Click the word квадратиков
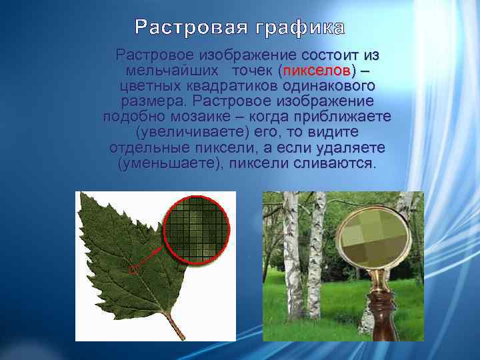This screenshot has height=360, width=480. point(227,86)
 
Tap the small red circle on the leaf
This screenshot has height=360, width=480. point(133,270)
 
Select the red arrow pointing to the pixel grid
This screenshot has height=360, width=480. point(151,256)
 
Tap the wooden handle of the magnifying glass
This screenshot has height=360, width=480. point(380,313)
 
